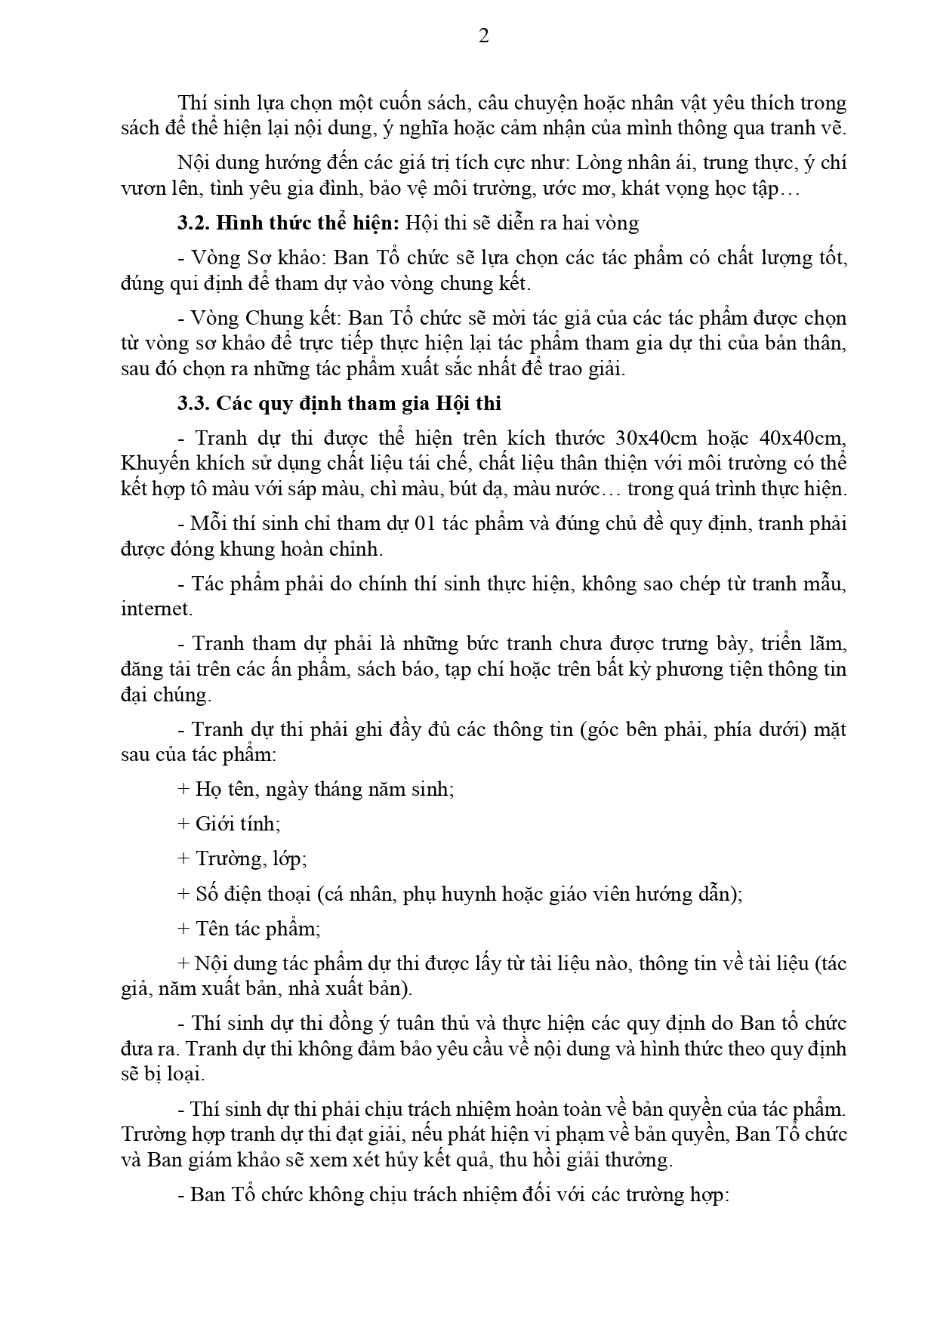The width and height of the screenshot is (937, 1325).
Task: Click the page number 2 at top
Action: click(x=484, y=35)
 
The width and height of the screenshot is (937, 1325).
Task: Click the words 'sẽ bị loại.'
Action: click(x=162, y=1074)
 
